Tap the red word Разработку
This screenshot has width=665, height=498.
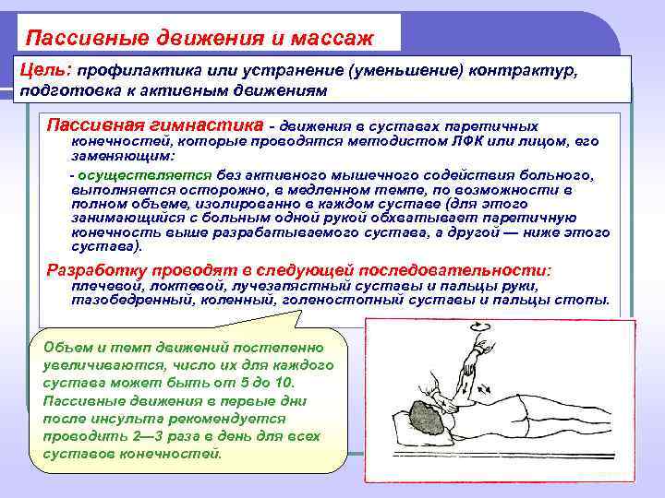tap(91, 271)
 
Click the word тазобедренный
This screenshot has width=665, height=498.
tap(120, 300)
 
